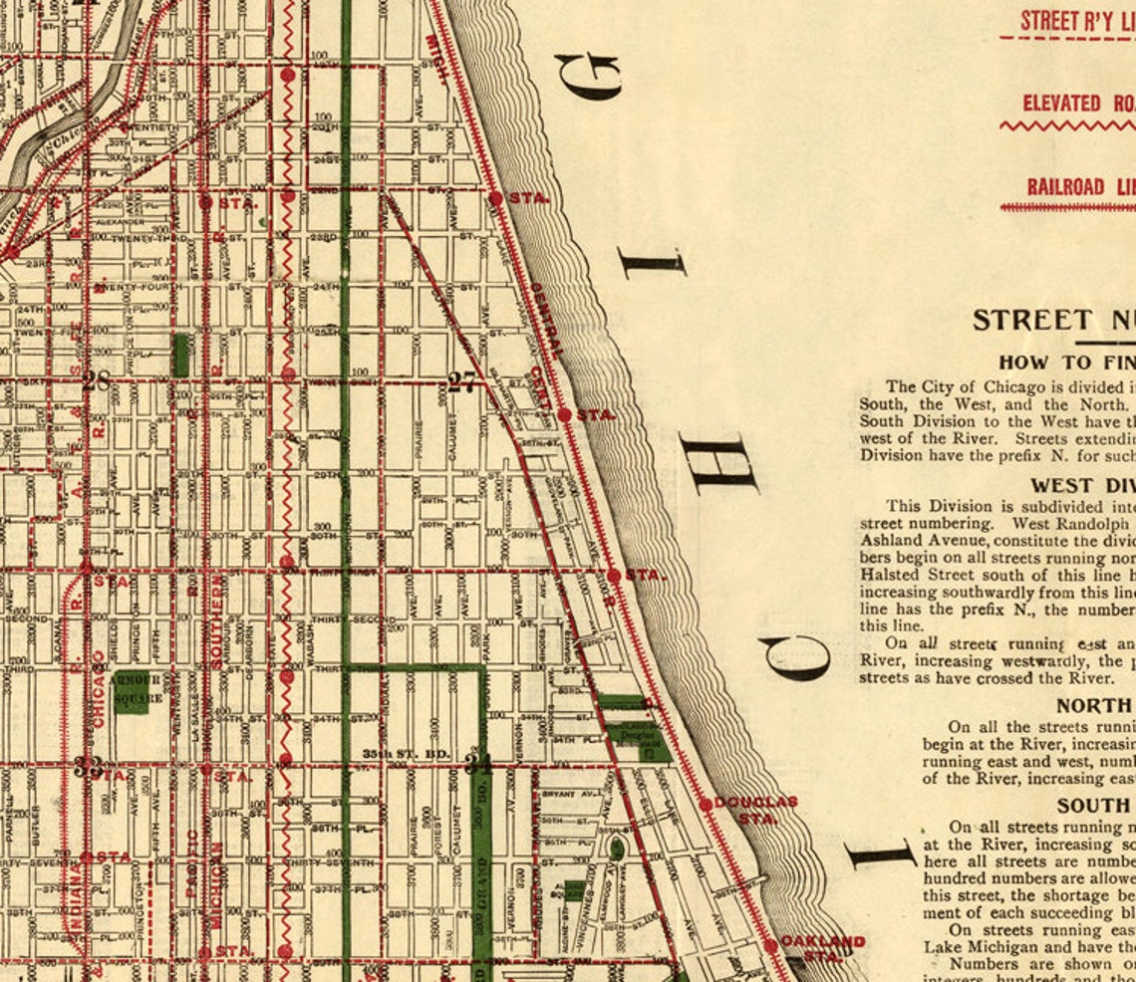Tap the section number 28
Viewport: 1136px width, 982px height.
[x=97, y=380]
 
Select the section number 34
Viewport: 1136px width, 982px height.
[x=478, y=765]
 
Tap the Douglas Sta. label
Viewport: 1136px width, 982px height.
[x=757, y=809]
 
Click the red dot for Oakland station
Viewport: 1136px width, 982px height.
[x=770, y=945]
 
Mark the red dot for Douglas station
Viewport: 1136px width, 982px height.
[x=706, y=804]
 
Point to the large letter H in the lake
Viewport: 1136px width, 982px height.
[x=725, y=464]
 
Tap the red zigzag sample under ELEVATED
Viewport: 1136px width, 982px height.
[x=1066, y=126]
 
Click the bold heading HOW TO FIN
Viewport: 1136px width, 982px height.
[x=1066, y=363]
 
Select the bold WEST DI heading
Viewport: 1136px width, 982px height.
[x=1082, y=486]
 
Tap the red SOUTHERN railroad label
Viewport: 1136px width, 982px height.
[x=217, y=619]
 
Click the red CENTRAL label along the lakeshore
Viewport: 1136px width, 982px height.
[x=546, y=320]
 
